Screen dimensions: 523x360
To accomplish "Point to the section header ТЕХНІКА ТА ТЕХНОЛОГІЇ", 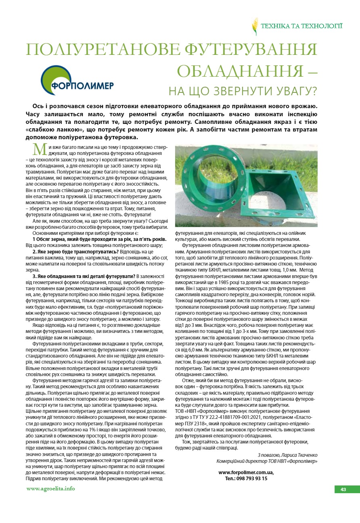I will [301, 26].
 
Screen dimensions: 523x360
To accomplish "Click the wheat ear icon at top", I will [255, 26].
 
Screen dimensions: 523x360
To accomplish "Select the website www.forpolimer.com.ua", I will [246, 472].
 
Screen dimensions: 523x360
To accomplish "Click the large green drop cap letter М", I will [40, 149].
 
